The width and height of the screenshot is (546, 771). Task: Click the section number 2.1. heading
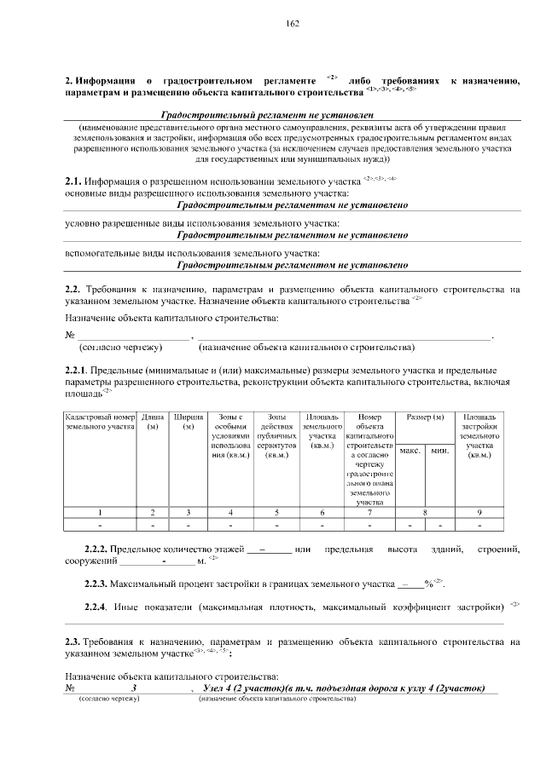tap(73, 180)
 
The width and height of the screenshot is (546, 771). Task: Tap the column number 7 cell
tap(369, 512)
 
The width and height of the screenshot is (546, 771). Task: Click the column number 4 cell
tap(231, 512)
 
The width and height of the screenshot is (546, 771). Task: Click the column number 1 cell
tap(101, 512)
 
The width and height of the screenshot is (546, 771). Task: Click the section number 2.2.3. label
tap(96, 584)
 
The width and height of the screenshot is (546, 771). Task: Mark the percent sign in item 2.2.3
tap(427, 584)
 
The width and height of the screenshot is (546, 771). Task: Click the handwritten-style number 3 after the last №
tap(134, 688)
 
